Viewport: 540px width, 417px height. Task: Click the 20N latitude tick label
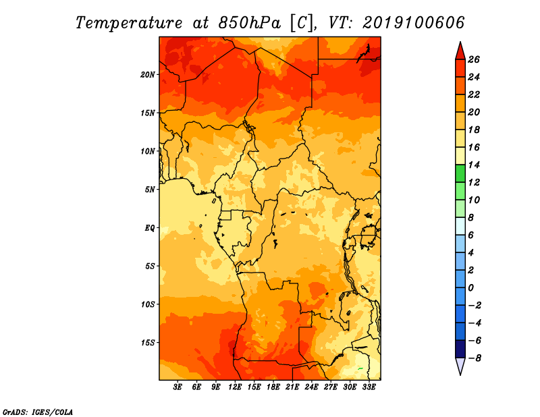pos(148,75)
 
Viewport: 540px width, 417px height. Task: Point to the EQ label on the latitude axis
pos(149,228)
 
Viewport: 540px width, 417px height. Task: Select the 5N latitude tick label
pos(150,190)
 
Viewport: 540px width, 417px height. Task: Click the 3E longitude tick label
pos(178,387)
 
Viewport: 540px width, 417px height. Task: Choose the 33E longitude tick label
pos(369,387)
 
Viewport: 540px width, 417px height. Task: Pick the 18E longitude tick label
pos(273,387)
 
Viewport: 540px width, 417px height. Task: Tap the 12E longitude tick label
pos(235,387)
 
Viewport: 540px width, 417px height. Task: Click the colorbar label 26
pos(474,59)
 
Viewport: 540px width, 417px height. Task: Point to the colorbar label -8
pos(475,358)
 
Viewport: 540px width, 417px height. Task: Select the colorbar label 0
pos(470,288)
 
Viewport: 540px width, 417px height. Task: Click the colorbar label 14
pos(474,165)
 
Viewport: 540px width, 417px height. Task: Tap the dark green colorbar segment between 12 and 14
pos(460,173)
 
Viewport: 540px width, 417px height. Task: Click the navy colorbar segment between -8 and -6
pos(460,349)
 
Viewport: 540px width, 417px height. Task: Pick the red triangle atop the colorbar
pos(460,51)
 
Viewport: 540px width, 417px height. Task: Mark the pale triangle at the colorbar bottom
pos(460,366)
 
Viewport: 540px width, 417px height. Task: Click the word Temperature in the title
pos(129,23)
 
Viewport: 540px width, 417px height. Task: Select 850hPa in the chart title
pos(250,23)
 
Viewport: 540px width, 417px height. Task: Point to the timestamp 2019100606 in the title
pos(413,23)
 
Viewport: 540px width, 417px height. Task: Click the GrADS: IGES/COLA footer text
pos(38,412)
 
